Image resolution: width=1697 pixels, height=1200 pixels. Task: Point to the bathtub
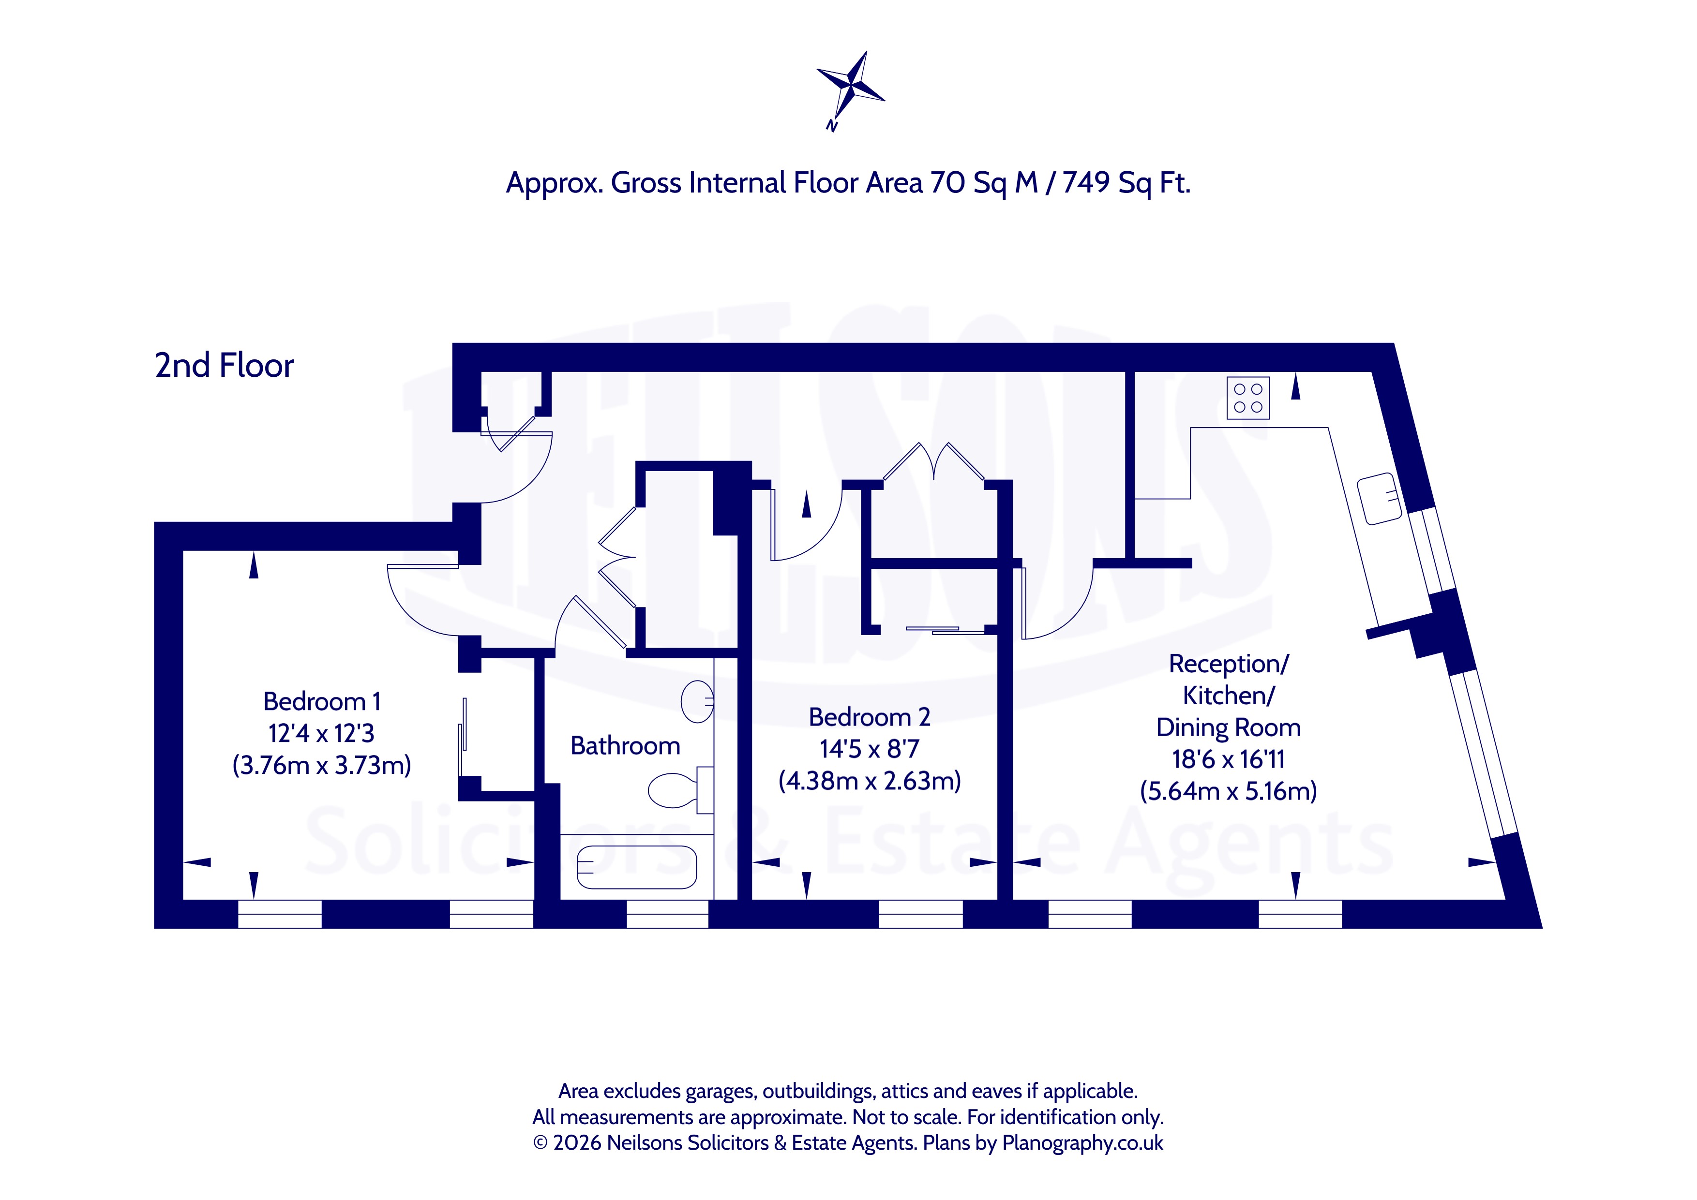636,867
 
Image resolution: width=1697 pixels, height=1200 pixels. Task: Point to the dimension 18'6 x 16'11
1229,759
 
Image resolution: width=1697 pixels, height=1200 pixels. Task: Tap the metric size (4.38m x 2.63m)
869,780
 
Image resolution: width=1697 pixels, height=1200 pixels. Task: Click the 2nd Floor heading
224,365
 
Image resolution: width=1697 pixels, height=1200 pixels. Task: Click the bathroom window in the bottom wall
667,914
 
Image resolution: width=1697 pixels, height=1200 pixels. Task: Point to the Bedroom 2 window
921,914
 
